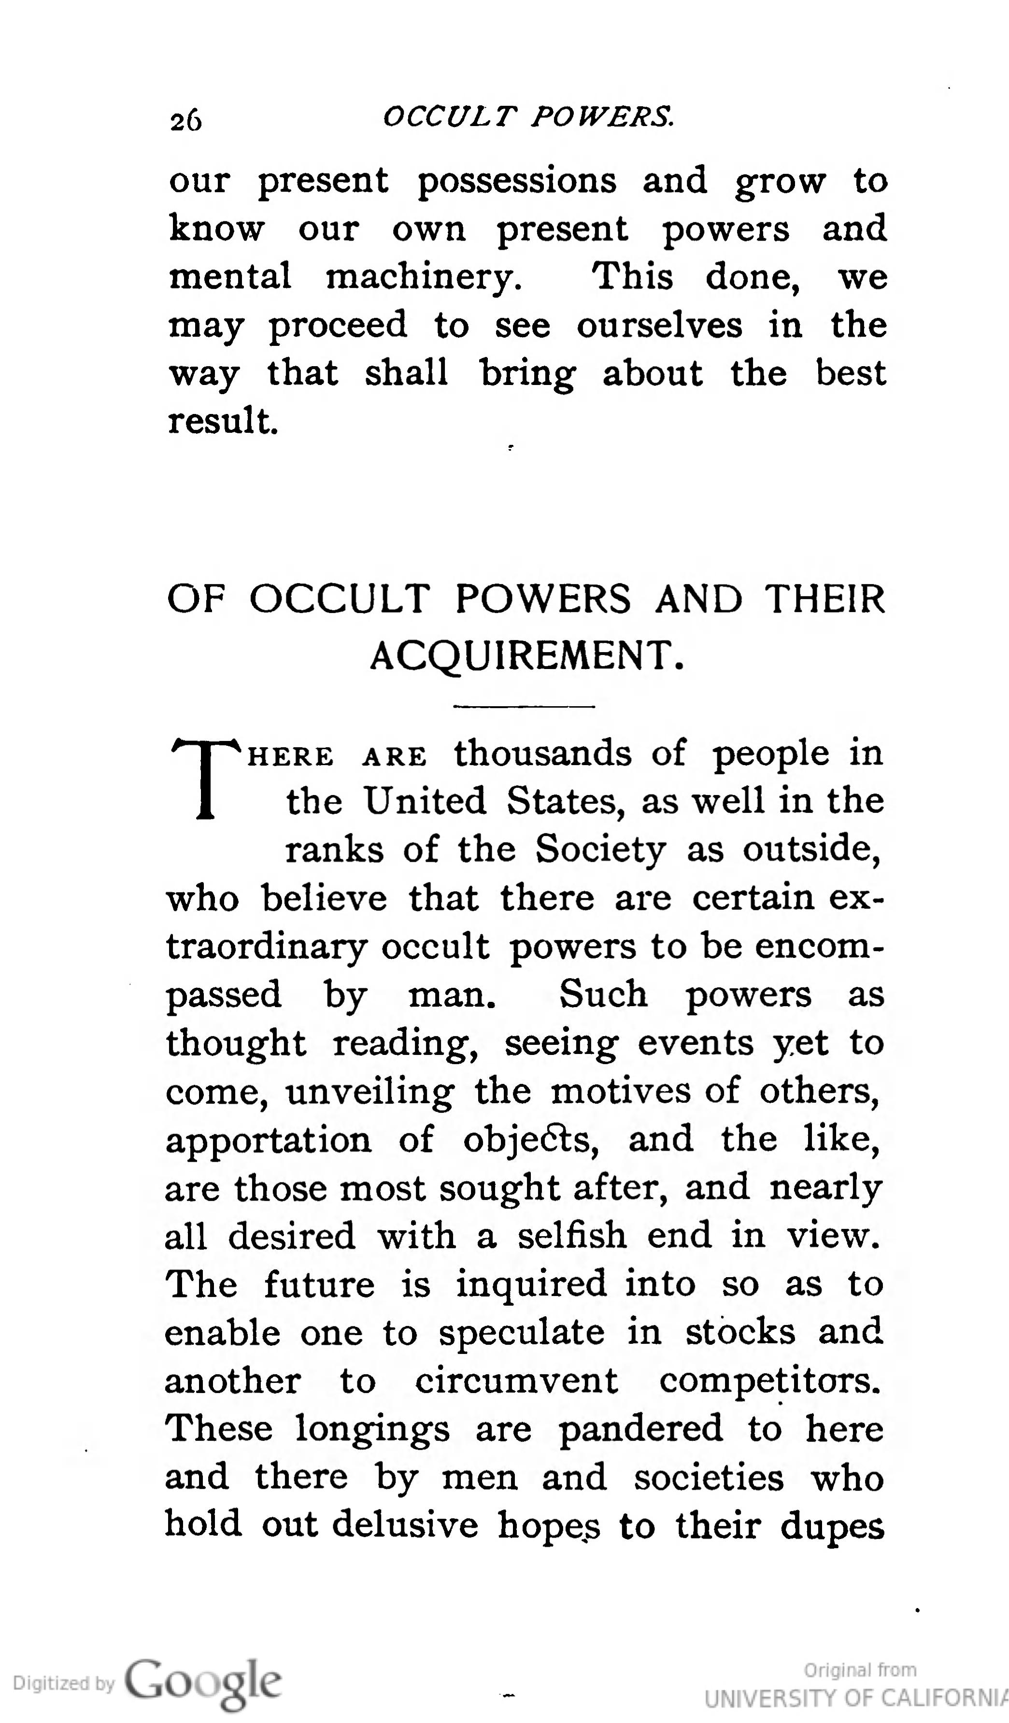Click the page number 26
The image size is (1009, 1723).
point(186,120)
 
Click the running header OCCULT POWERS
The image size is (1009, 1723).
point(528,117)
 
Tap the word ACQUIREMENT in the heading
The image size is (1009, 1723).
point(526,656)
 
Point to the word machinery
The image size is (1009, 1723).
point(424,278)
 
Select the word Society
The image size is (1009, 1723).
point(600,850)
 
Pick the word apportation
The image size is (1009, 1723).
point(269,1140)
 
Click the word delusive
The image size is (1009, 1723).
point(408,1526)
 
